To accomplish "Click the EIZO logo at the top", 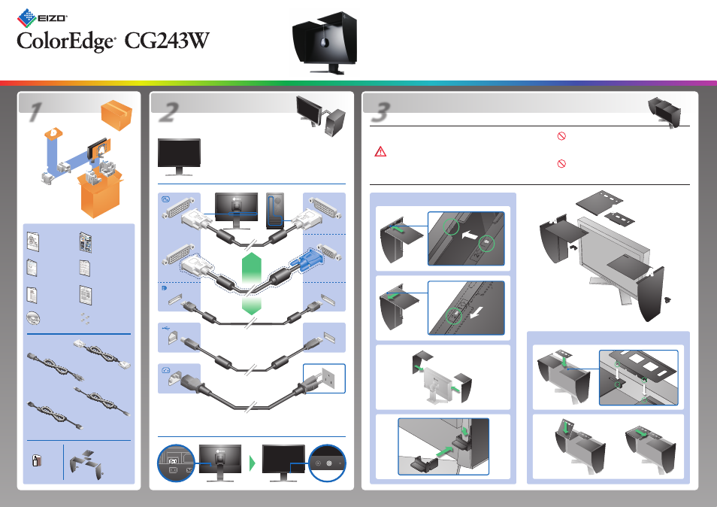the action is pyautogui.click(x=42, y=18).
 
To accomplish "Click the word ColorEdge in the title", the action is pyautogui.click(x=66, y=41).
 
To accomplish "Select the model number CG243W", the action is pyautogui.click(x=167, y=41).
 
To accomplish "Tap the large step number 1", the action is pyautogui.click(x=35, y=112).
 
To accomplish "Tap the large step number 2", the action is pyautogui.click(x=169, y=112).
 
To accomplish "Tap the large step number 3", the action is pyautogui.click(x=380, y=112).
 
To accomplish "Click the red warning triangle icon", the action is pyautogui.click(x=380, y=151).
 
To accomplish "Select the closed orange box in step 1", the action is pyautogui.click(x=116, y=115).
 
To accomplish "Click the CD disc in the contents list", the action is pyautogui.click(x=33, y=317).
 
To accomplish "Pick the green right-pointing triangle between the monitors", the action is pyautogui.click(x=252, y=463).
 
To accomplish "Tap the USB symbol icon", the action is pyautogui.click(x=166, y=327).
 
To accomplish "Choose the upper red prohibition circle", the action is pyautogui.click(x=561, y=136).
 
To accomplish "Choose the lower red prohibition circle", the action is pyautogui.click(x=561, y=163).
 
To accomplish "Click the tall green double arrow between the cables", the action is pyautogui.click(x=251, y=270).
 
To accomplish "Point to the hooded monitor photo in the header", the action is pyautogui.click(x=325, y=43).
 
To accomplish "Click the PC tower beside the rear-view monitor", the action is pyautogui.click(x=275, y=211).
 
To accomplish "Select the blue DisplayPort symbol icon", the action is pyautogui.click(x=164, y=288).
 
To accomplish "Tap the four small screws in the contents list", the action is pyautogui.click(x=85, y=318).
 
